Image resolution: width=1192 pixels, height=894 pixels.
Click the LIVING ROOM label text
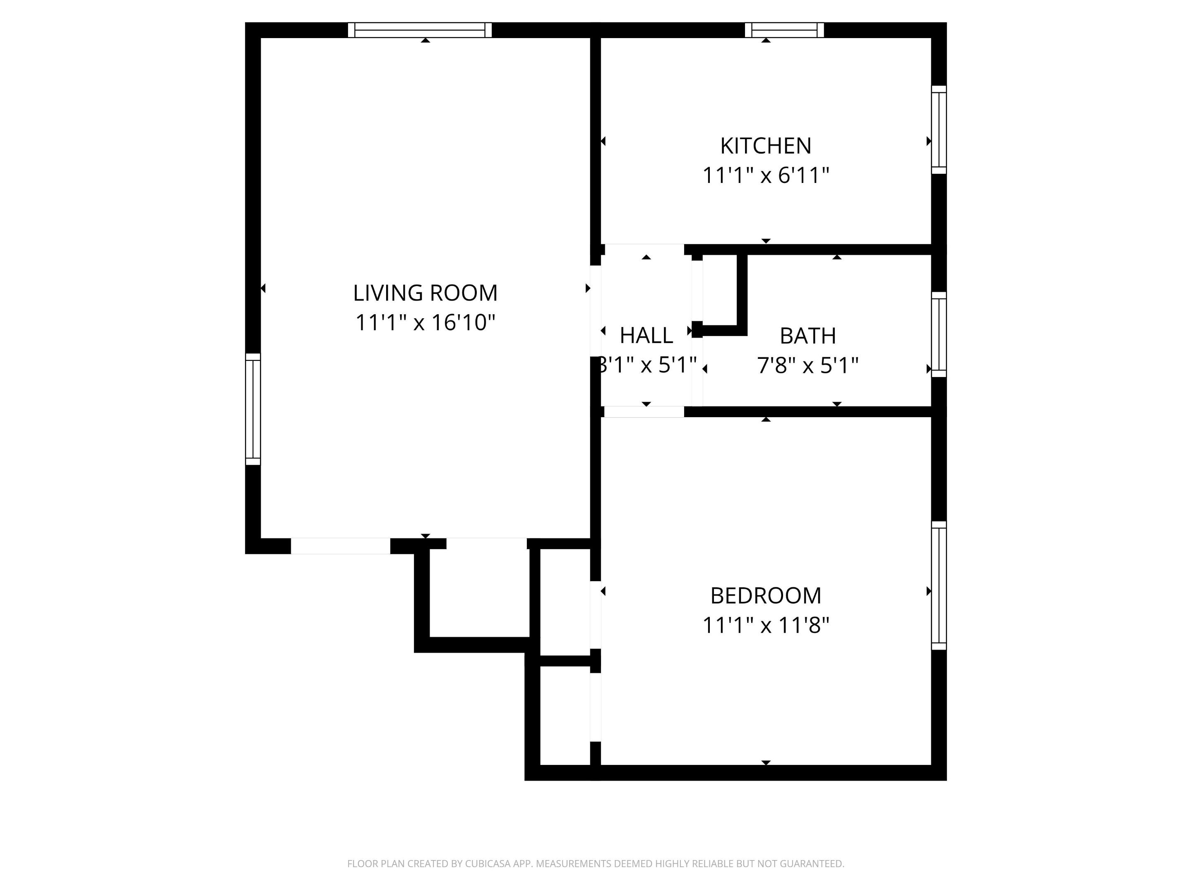tap(425, 293)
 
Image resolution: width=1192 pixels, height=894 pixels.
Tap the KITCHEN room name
tap(766, 146)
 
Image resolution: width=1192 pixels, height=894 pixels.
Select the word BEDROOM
tap(766, 596)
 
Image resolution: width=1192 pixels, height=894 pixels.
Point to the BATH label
tap(808, 336)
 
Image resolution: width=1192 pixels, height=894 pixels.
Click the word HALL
tap(646, 336)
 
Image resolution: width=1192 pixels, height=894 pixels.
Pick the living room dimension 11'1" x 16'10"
tap(425, 323)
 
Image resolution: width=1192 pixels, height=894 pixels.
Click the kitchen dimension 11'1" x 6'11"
tap(766, 175)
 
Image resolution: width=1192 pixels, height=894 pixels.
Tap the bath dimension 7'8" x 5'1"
tap(808, 366)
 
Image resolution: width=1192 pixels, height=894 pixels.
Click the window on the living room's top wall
tap(420, 30)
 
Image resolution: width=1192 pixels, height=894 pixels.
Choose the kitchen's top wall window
tap(785, 30)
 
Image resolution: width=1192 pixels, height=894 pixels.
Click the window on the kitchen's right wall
tap(939, 130)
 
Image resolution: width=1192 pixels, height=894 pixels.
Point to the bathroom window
tap(939, 335)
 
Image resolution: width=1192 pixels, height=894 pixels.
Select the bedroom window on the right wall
tap(939, 585)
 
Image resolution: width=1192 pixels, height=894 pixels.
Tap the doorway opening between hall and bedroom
tap(644, 412)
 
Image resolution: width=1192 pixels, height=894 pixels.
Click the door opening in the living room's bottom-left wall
tap(341, 546)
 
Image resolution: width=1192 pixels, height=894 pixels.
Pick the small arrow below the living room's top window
tap(426, 41)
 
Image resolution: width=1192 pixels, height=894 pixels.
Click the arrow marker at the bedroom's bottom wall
tap(766, 762)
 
